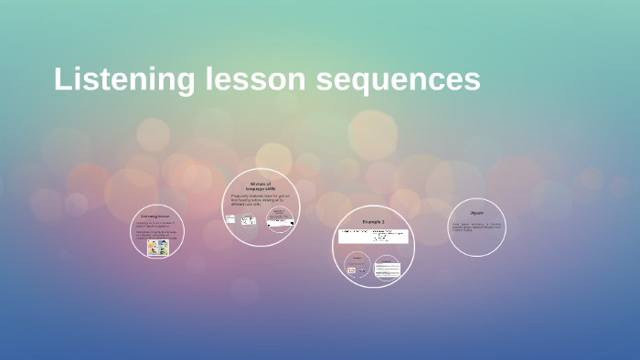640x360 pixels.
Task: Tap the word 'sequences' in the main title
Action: point(399,79)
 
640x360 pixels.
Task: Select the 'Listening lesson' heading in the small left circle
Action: point(155,217)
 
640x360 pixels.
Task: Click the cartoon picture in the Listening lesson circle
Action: point(158,247)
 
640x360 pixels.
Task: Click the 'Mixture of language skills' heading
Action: point(261,186)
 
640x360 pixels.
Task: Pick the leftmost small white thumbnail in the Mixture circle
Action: point(229,219)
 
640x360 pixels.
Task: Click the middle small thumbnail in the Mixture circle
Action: point(248,221)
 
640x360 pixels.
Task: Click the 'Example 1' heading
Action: point(373,222)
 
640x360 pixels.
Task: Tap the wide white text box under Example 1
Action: point(374,237)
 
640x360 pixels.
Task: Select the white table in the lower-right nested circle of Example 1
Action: point(388,270)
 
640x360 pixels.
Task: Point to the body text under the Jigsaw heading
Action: point(475,227)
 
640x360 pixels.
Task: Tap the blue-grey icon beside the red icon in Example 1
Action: point(362,270)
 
